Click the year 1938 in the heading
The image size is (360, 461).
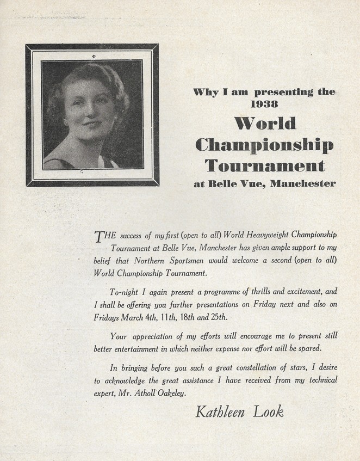tap(264, 103)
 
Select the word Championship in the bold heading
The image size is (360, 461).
tap(264, 144)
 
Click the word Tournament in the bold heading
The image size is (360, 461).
tap(264, 164)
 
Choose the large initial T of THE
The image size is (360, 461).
tap(99, 236)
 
